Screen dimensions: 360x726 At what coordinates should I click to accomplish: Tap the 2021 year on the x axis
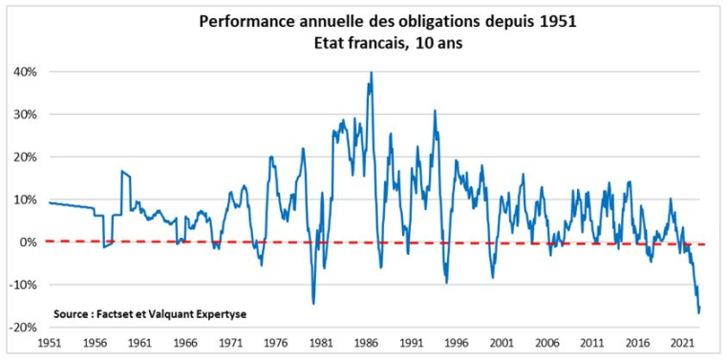point(682,341)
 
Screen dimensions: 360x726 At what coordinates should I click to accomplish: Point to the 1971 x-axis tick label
point(229,341)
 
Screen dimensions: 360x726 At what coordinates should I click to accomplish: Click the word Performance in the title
point(240,20)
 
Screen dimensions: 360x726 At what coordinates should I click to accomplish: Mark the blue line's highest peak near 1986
point(371,73)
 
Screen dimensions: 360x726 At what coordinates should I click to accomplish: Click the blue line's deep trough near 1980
point(313,304)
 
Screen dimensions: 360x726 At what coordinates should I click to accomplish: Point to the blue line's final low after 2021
point(698,312)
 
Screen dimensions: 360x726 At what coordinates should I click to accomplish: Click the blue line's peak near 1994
point(435,111)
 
